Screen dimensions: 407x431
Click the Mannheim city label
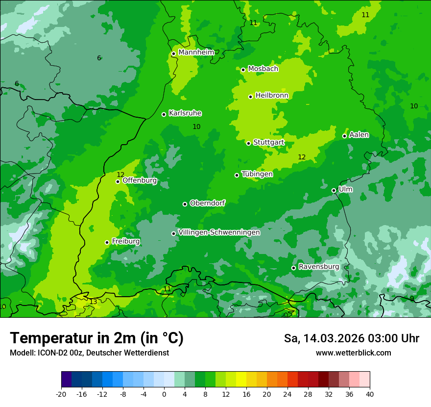click(x=196, y=52)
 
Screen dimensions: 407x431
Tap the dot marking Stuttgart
click(x=249, y=143)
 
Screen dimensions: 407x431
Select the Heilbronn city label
click(x=272, y=96)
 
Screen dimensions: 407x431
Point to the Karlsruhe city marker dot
click(x=164, y=114)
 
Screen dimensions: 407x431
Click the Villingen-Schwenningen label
click(x=219, y=232)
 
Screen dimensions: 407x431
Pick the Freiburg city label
click(x=126, y=241)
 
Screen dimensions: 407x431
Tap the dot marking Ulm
click(x=334, y=190)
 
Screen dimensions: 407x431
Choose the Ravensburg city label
click(x=319, y=267)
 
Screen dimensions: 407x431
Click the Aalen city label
click(x=359, y=135)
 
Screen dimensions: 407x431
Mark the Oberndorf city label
click(x=207, y=203)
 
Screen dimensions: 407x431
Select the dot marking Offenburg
click(x=118, y=181)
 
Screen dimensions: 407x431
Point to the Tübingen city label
click(x=257, y=174)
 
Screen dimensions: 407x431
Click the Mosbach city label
click(x=263, y=69)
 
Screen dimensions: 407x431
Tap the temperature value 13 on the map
click(x=93, y=302)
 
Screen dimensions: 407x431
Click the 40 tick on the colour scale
click(x=369, y=394)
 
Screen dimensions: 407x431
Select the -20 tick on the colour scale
click(x=61, y=394)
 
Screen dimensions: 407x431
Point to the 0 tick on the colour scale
click(x=164, y=394)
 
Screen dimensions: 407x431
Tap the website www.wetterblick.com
click(x=353, y=353)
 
